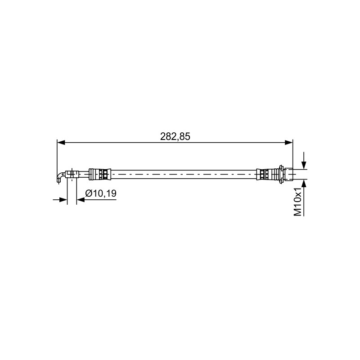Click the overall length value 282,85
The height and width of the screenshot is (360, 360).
tap(175, 137)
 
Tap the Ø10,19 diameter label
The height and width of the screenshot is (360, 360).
tap(101, 193)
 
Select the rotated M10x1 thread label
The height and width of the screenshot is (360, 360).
tap(297, 202)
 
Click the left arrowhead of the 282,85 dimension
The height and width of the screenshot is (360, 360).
tap(61, 143)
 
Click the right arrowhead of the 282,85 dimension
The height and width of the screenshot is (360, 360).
tap(289, 143)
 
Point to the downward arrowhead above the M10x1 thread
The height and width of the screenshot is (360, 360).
tap(304, 165)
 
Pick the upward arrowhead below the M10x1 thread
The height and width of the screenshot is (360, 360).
tap(304, 183)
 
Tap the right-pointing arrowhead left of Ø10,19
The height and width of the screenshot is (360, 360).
tap(63, 200)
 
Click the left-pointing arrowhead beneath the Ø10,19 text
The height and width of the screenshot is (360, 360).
tap(81, 200)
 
